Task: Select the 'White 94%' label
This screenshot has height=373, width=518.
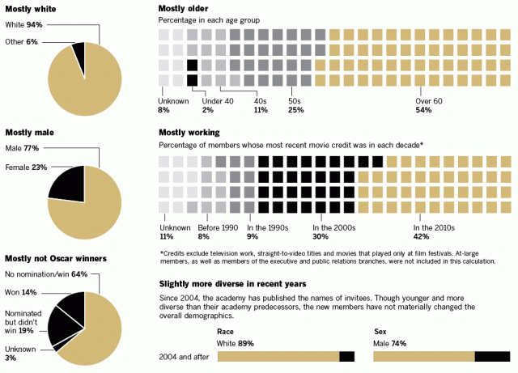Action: [x=23, y=25]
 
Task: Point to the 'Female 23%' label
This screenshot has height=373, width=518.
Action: [x=27, y=167]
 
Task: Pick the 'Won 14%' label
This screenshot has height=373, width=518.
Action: [x=22, y=291]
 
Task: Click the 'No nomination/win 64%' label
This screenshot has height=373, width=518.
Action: [x=45, y=274]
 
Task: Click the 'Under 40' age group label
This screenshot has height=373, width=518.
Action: [x=218, y=100]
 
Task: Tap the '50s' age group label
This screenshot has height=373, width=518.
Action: [x=295, y=100]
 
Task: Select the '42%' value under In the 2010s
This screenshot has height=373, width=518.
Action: [x=422, y=237]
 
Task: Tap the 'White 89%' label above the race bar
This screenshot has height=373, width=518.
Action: [x=236, y=343]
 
